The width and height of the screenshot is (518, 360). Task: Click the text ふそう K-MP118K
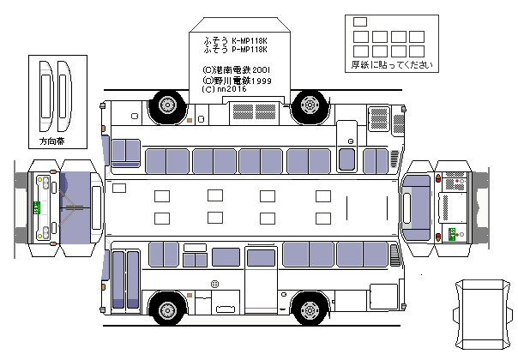coord(236,41)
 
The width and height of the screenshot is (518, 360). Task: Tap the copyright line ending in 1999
coord(238,80)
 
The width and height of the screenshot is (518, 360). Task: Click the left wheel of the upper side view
coord(167,105)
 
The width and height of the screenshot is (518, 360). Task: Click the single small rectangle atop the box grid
coord(359,21)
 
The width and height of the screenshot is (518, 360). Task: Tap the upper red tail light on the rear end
coord(439,177)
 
